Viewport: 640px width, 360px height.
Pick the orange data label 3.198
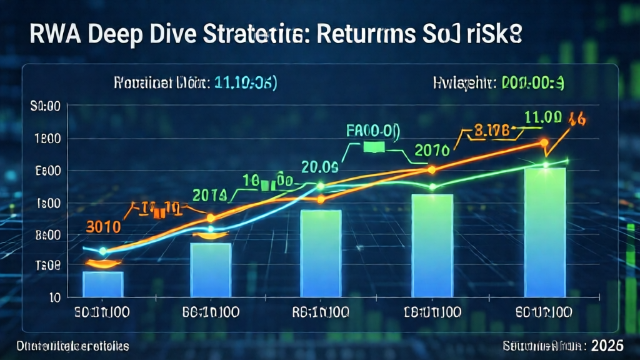492,132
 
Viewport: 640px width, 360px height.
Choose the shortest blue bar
103,284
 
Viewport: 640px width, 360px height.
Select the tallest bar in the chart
546,232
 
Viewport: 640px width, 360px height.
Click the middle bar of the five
321,253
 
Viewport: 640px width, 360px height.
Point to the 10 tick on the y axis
54,297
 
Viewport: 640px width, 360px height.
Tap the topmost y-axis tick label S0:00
45,107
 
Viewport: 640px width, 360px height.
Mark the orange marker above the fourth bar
431,169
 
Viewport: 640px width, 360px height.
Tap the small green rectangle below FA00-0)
373,147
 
